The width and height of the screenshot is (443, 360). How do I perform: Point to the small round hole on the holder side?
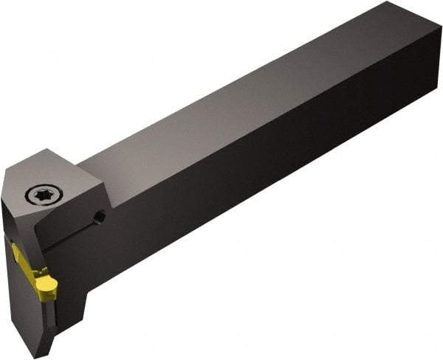101,216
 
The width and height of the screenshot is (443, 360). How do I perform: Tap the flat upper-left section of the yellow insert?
22,256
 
